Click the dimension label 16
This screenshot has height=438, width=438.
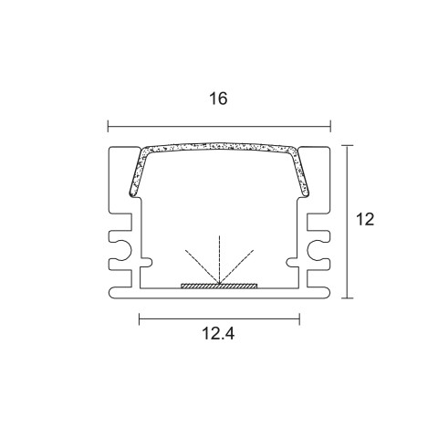coord(218,99)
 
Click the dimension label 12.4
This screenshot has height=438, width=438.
coord(218,334)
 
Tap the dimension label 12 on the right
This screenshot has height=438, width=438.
coord(365,219)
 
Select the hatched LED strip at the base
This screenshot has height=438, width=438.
coord(219,286)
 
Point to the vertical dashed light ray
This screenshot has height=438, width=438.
coord(219,259)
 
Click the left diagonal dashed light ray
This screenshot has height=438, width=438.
coord(202,266)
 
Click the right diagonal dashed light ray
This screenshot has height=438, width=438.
coord(236,266)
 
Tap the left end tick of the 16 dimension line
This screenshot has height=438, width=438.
coord(108,126)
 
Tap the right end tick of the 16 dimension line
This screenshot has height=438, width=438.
coord(330,126)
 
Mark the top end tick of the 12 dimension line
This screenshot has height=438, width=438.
coord(347,146)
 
